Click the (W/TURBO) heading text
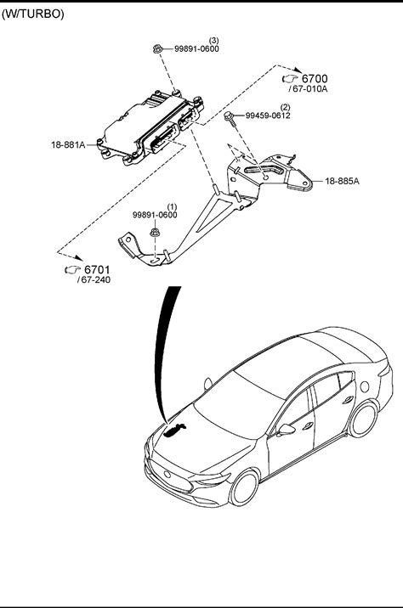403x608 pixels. pyautogui.click(x=33, y=14)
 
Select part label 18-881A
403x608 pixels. pyautogui.click(x=68, y=145)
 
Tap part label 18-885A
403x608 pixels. pyautogui.click(x=342, y=181)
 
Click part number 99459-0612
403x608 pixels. pyautogui.click(x=268, y=115)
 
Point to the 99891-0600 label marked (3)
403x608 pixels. pyautogui.click(x=196, y=49)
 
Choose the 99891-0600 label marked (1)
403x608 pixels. pyautogui.click(x=155, y=215)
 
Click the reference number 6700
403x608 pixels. pyautogui.click(x=315, y=79)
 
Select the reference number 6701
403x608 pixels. pyautogui.click(x=98, y=269)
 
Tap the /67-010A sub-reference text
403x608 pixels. pyautogui.click(x=309, y=89)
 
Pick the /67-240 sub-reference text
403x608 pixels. pyautogui.click(x=94, y=280)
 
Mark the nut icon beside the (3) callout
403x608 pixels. pyautogui.click(x=157, y=49)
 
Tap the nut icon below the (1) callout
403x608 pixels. pyautogui.click(x=155, y=233)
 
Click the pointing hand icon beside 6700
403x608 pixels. pyautogui.click(x=290, y=79)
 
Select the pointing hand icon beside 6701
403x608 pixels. pyautogui.click(x=72, y=269)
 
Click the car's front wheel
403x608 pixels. pyautogui.click(x=244, y=487)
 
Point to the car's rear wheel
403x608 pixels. pyautogui.click(x=363, y=419)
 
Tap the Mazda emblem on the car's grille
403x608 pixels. pyautogui.click(x=168, y=474)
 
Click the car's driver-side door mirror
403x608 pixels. pyautogui.click(x=287, y=430)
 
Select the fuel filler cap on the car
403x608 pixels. pyautogui.click(x=365, y=386)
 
